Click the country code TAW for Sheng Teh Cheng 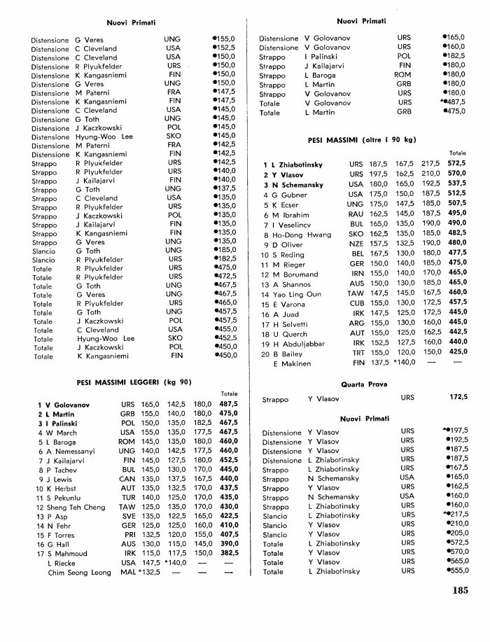pos(127,506)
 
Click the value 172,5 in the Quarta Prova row pos(458,397)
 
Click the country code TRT pos(358,354)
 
